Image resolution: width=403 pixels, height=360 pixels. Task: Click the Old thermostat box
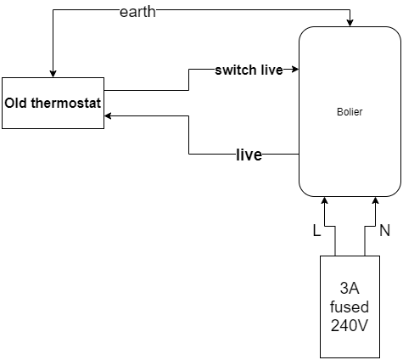pyautogui.click(x=53, y=103)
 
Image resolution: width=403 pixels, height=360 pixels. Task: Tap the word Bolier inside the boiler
pyautogui.click(x=350, y=112)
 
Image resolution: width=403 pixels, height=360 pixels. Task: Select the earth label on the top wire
pyautogui.click(x=137, y=12)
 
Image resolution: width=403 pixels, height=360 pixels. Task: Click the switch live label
pyautogui.click(x=249, y=70)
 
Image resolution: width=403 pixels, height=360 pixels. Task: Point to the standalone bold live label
pyautogui.click(x=249, y=155)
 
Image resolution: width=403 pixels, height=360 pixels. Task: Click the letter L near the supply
pyautogui.click(x=316, y=231)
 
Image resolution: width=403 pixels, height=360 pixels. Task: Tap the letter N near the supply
pyautogui.click(x=385, y=230)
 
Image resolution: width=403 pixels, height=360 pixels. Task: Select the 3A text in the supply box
pyautogui.click(x=350, y=288)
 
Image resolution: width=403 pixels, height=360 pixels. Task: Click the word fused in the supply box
pyautogui.click(x=350, y=307)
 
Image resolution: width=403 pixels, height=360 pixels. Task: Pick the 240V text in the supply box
pyautogui.click(x=350, y=325)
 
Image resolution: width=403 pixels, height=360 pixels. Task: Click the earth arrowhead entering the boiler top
pyautogui.click(x=350, y=24)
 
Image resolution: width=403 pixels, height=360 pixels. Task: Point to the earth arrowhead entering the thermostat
pyautogui.click(x=53, y=74)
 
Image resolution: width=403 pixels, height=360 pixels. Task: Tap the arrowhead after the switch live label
pyautogui.click(x=295, y=69)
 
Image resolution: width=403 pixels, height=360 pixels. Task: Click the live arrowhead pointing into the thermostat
pyautogui.click(x=108, y=115)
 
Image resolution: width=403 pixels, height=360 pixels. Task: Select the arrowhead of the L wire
pyautogui.click(x=325, y=200)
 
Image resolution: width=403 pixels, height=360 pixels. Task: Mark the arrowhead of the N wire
pyautogui.click(x=376, y=200)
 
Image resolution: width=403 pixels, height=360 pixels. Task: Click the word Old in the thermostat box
pyautogui.click(x=16, y=103)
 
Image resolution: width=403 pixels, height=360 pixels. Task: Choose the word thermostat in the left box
pyautogui.click(x=66, y=103)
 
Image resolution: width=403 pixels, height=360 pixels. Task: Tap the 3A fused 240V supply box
pyautogui.click(x=350, y=307)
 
